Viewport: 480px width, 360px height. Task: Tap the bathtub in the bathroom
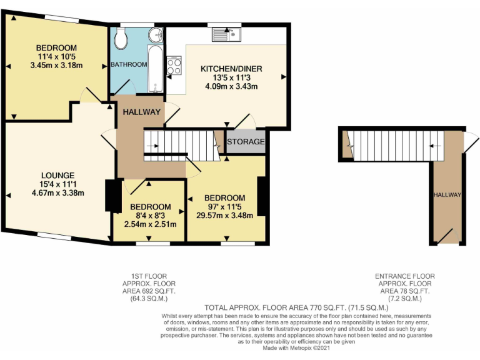tap(154, 67)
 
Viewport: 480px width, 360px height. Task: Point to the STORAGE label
tap(246, 142)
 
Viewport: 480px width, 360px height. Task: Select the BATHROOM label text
tap(129, 64)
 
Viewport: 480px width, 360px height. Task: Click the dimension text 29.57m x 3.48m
tap(224, 216)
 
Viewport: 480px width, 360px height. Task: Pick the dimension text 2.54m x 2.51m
tap(150, 224)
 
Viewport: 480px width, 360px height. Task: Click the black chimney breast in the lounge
tap(113, 196)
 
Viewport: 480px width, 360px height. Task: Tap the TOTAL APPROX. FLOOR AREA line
tap(297, 308)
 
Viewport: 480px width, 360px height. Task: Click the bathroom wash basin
tap(156, 34)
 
